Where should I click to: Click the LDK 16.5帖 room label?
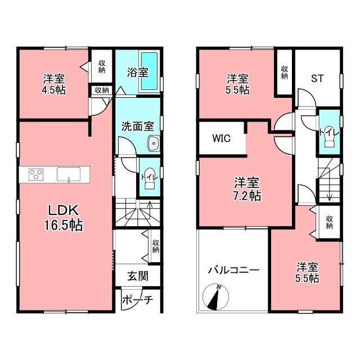(x=66, y=217)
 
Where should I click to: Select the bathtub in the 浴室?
(x=148, y=72)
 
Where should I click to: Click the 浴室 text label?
(x=137, y=72)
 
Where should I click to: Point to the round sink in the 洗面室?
(x=153, y=145)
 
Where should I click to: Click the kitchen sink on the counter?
(x=68, y=174)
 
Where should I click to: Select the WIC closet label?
(x=220, y=138)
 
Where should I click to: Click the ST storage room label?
(x=318, y=78)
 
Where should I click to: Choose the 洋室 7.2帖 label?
(x=247, y=189)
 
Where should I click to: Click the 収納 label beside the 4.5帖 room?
(x=102, y=67)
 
